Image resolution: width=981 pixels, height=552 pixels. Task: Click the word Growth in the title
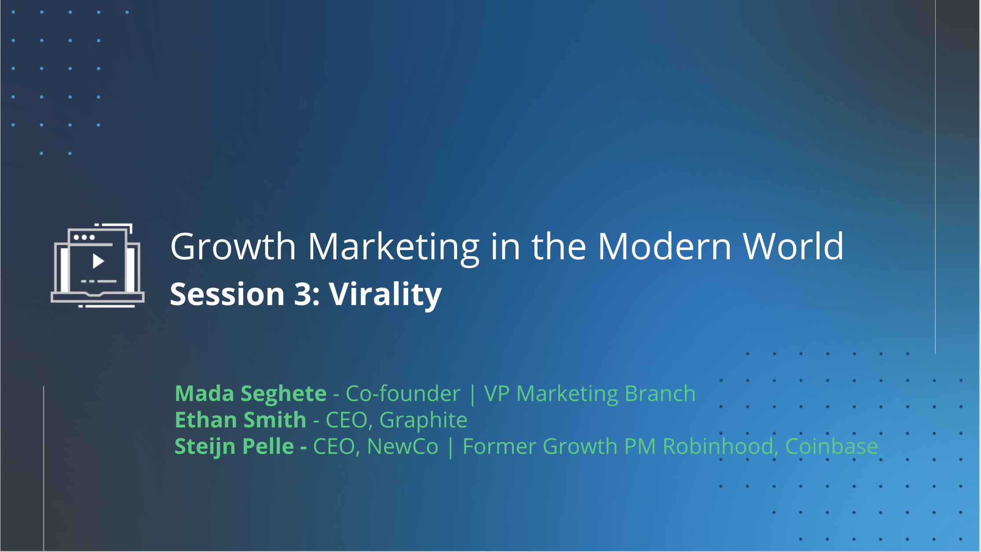(x=233, y=247)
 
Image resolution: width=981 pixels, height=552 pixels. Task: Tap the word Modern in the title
(x=664, y=247)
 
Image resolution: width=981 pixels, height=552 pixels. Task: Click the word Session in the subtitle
(x=227, y=294)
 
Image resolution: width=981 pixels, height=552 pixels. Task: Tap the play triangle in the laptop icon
(x=98, y=261)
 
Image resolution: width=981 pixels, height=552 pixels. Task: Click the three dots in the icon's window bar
(x=84, y=237)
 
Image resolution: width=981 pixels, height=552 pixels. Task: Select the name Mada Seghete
(x=251, y=394)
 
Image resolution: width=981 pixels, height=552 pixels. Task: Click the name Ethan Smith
(x=241, y=420)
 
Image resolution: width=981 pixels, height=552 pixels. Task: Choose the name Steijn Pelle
(x=234, y=446)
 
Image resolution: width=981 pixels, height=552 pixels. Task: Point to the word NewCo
(x=403, y=446)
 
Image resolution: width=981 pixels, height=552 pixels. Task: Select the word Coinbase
(x=831, y=446)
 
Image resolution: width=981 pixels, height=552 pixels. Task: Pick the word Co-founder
(x=403, y=394)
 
